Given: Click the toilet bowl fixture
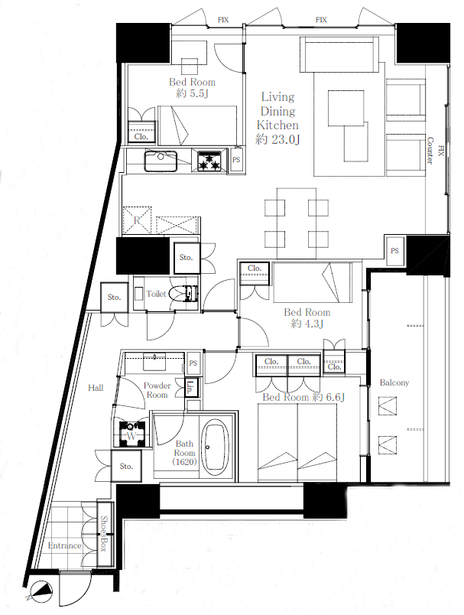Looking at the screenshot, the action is coord(184,294).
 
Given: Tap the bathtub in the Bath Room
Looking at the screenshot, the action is coord(214,447).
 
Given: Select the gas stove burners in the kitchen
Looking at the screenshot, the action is coord(209,161).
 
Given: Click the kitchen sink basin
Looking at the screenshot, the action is coord(161,161).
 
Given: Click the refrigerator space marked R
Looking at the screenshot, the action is coord(137,220).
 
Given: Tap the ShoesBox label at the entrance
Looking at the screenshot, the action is coord(104,533).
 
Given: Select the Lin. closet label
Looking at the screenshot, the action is coord(190,388).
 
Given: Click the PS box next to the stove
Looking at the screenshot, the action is coord(236,159).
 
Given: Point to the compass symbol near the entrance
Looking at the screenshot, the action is coord(40,590).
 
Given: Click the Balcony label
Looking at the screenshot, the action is coord(394,382).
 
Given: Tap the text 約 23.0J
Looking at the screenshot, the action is coord(277,139).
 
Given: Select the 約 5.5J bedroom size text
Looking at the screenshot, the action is coord(192,93).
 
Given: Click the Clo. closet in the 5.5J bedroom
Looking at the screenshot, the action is coord(141,132).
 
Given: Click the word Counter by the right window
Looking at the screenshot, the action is coord(430,151).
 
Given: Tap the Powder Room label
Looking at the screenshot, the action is coord(157,390).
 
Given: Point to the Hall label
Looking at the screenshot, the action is coord(96,388).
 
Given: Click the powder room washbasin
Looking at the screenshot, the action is coord(155,362).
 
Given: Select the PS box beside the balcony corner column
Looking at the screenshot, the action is coord(394,251).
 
